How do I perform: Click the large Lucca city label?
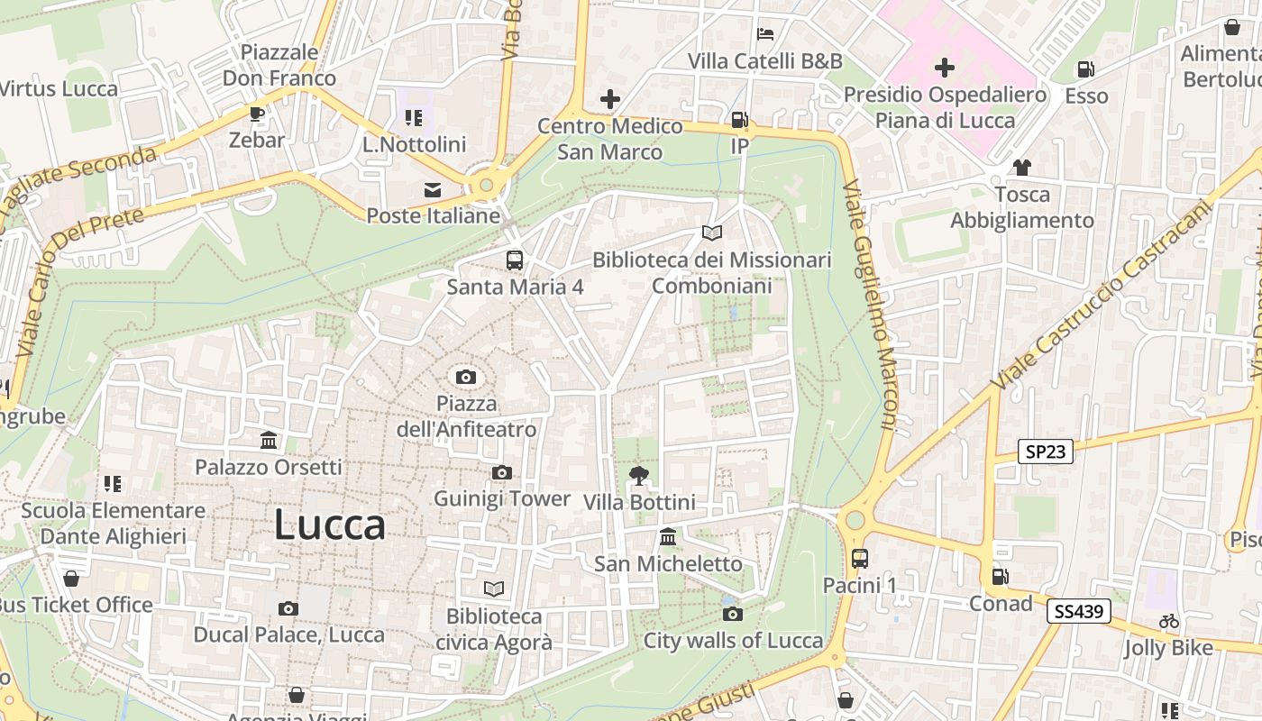[x=330, y=525]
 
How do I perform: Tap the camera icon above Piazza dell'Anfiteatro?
[x=466, y=377]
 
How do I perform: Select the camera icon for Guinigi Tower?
[x=502, y=472]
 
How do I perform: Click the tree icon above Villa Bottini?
[x=639, y=475]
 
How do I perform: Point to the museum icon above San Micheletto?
[x=668, y=537]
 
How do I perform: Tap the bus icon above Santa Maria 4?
[x=514, y=260]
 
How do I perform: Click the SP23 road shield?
[x=1046, y=452]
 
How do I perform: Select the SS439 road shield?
[x=1078, y=612]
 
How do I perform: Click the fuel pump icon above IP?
[x=739, y=119]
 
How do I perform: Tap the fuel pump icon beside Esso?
[x=1086, y=69]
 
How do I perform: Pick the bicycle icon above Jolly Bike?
[x=1169, y=621]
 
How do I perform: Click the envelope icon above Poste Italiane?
[x=433, y=189]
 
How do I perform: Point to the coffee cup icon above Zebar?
[x=256, y=114]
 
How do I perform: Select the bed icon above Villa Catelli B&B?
[x=765, y=34]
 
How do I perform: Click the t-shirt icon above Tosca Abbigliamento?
[x=1022, y=167]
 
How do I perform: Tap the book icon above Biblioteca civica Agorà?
[x=493, y=589]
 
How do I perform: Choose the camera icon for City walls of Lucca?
[x=733, y=614]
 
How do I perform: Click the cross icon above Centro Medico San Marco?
[x=610, y=98]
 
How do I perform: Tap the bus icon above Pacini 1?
[x=859, y=559]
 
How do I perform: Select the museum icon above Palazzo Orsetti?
[x=269, y=441]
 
